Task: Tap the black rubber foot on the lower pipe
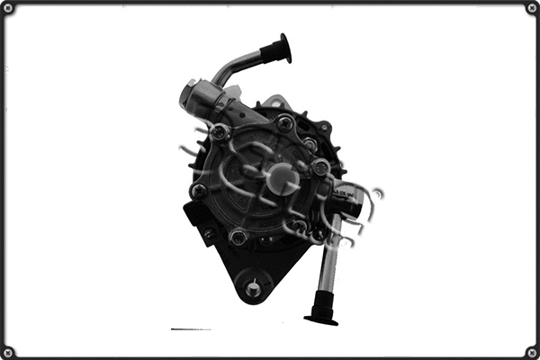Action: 321,315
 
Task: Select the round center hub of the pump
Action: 282,178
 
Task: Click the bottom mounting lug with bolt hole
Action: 253,288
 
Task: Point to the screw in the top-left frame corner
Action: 8,8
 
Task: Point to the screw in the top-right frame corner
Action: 532,8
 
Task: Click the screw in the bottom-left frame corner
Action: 8,352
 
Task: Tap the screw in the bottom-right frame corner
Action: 532,352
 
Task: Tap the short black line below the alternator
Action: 190,329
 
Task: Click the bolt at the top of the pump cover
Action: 284,122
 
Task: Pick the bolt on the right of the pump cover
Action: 320,167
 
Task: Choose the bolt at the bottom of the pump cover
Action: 238,237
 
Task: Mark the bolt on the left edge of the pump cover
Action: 199,191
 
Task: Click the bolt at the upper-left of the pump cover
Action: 219,132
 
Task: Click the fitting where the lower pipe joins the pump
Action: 346,203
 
